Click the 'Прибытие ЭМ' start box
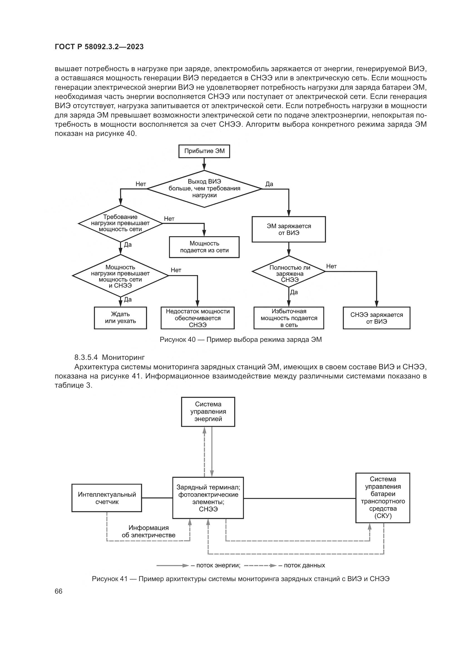[204, 151]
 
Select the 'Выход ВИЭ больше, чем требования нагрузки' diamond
[204, 188]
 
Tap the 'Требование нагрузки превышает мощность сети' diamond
[120, 223]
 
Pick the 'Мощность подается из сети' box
[204, 247]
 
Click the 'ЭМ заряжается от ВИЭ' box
[289, 229]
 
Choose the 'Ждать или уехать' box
[120, 318]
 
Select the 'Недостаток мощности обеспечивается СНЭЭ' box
[198, 318]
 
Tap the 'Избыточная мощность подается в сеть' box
[289, 318]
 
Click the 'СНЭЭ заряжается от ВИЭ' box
[377, 318]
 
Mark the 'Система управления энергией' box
[208, 412]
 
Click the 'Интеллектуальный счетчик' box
[107, 498]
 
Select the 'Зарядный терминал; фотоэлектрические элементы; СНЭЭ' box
[208, 498]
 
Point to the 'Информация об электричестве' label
[149, 531]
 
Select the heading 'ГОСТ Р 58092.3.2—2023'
[99, 47]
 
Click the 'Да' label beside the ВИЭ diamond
[269, 184]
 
